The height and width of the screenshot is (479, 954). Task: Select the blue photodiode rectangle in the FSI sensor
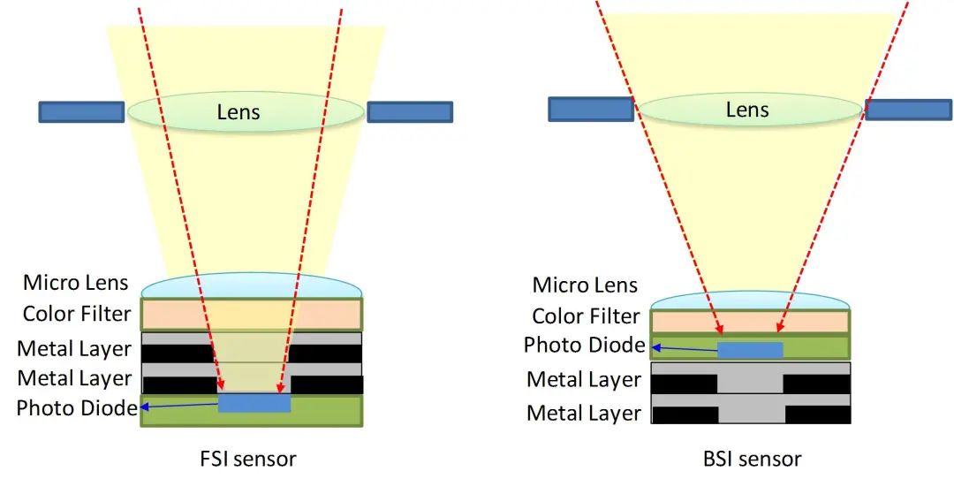254,403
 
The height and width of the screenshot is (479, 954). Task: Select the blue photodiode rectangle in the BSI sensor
750,350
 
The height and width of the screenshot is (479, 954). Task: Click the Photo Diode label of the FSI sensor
77,408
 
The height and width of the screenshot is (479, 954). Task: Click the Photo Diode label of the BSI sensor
585,346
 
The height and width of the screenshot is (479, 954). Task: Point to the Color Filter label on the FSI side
77,314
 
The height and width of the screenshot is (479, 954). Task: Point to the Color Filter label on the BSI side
586,316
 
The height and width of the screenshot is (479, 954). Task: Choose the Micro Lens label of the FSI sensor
76,284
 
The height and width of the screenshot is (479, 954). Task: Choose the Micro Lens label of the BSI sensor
585,285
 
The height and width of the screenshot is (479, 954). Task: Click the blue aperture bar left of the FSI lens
81,112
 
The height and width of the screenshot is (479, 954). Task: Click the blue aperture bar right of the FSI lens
410,112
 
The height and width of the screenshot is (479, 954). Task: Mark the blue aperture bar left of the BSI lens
591,109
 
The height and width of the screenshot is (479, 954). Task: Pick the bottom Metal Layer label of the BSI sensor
584,413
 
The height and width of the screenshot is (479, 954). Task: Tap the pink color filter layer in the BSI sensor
750,322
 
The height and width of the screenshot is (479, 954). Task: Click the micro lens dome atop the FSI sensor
252,287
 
